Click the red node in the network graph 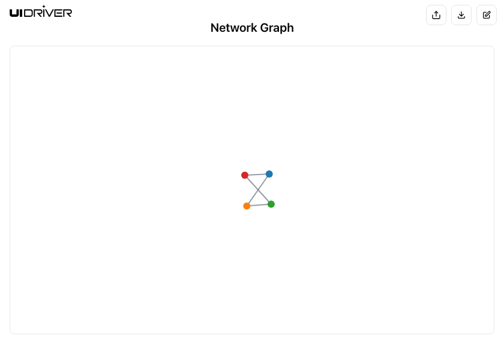[x=245, y=175]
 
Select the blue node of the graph [x=269, y=174]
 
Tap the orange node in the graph [x=247, y=206]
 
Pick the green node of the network [x=271, y=204]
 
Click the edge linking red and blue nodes [x=257, y=175]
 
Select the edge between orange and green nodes [x=259, y=205]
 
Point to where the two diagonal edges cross [x=258, y=190]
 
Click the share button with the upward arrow [x=436, y=15]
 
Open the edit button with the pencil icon [x=487, y=15]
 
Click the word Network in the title [x=234, y=28]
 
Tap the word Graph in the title [x=277, y=28]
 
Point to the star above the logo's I [x=44, y=7]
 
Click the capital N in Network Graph [x=214, y=28]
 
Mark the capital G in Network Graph [x=264, y=28]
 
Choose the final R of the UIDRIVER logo [x=67, y=13]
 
